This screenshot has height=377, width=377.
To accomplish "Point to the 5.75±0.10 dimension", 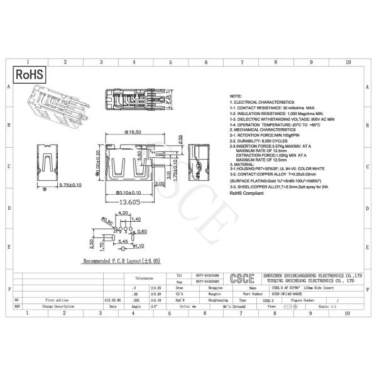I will pyautogui.click(x=70, y=186).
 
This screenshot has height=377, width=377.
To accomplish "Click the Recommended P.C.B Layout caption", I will pyautogui.click(x=122, y=260).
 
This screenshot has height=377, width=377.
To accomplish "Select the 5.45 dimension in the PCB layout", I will pyautogui.click(x=123, y=241).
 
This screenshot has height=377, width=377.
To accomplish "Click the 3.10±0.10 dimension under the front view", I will pyautogui.click(x=131, y=193).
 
